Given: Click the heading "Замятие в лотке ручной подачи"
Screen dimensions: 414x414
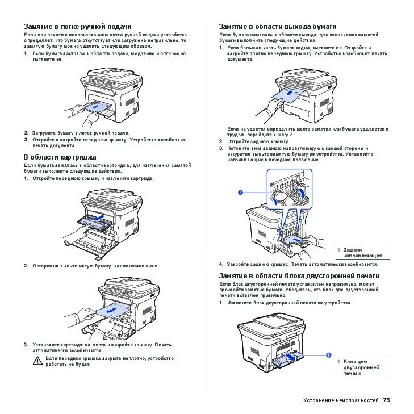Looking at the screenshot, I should click(77, 27).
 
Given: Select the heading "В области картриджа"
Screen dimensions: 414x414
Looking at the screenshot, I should click(60, 157).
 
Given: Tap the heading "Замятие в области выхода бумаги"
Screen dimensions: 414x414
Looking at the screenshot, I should click(278, 27).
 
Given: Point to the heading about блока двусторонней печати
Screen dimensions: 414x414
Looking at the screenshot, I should click(299, 276).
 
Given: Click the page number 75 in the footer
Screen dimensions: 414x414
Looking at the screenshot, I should click(387, 401).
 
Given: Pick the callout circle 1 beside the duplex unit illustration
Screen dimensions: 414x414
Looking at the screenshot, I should click(328, 355).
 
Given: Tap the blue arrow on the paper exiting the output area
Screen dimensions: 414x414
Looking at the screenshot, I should click(290, 91).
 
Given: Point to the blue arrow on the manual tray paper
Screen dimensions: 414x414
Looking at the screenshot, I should click(94, 106).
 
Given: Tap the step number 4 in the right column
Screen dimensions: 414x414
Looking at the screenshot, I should click(221, 264).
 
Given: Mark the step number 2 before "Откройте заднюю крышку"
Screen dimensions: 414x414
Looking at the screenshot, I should click(221, 141).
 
